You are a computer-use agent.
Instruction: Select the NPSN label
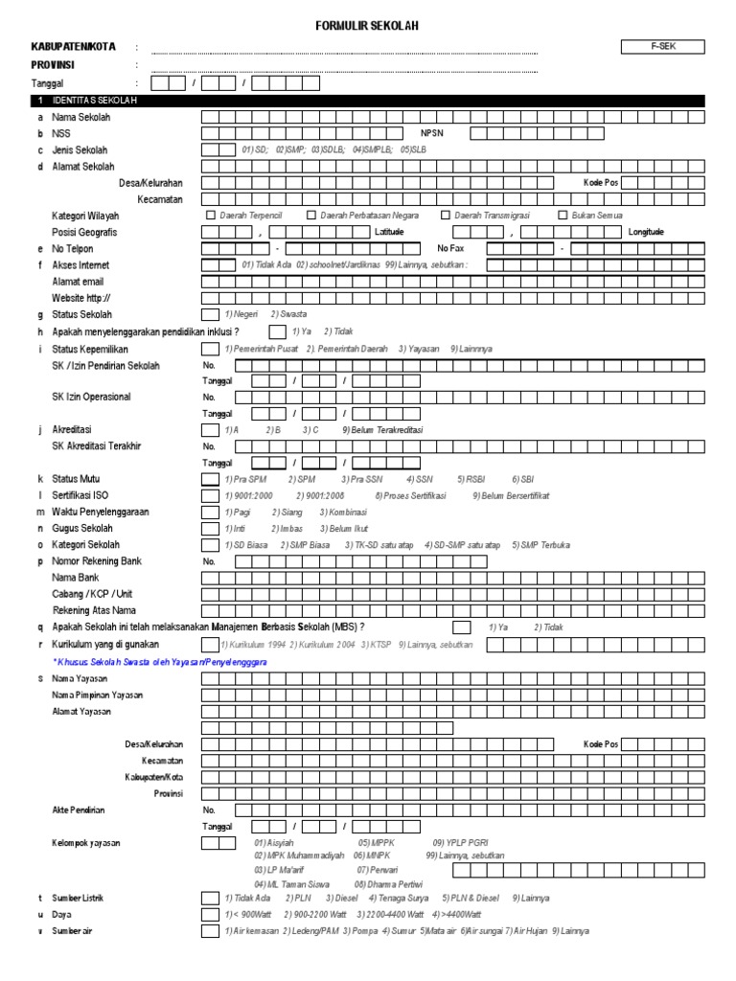pyautogui.click(x=433, y=134)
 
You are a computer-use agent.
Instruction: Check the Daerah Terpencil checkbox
pyautogui.click(x=212, y=216)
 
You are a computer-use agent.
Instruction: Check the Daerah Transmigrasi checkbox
pyautogui.click(x=447, y=216)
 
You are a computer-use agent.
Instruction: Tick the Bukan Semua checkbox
pyautogui.click(x=563, y=216)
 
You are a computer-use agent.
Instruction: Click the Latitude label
pyautogui.click(x=390, y=232)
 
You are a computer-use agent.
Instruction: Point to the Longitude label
pyautogui.click(x=645, y=232)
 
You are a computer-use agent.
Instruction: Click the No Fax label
pyautogui.click(x=449, y=248)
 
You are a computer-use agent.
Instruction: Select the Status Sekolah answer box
pyautogui.click(x=210, y=314)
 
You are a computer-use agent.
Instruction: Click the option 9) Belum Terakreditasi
pyautogui.click(x=381, y=430)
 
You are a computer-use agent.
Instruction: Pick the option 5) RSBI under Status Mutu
pyautogui.click(x=471, y=479)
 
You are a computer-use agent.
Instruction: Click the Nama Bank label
pyautogui.click(x=76, y=579)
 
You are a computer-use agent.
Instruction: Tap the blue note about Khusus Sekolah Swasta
pyautogui.click(x=159, y=662)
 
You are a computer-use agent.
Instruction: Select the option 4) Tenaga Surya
pyautogui.click(x=403, y=899)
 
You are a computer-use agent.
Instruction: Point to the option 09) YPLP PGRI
pyautogui.click(x=460, y=842)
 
